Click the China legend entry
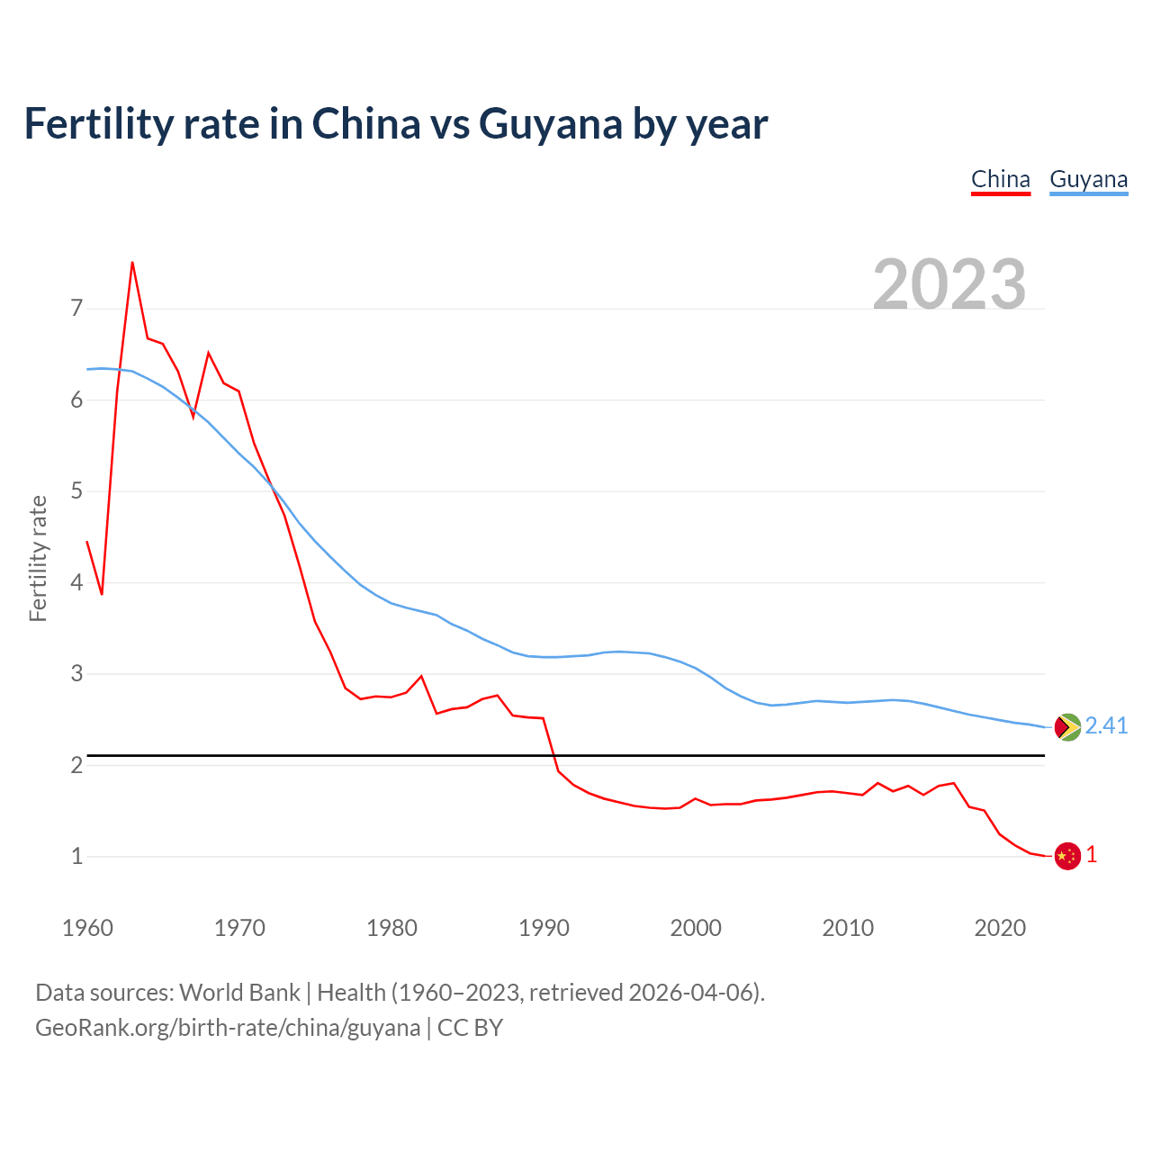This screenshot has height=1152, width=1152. coord(1000,179)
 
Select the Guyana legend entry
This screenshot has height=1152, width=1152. coord(1088,179)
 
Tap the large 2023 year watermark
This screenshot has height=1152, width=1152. coord(949,284)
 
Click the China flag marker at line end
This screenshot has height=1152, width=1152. coord(1067,856)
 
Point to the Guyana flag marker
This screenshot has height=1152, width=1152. coord(1067,727)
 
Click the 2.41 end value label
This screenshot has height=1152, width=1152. coord(1106,726)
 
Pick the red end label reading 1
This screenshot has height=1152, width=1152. coord(1092,855)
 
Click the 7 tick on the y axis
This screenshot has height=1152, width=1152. coord(76,309)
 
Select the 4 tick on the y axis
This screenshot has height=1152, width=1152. coord(76,582)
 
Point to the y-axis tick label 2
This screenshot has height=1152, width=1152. coord(76,765)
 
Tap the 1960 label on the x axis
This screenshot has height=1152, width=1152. coord(87,928)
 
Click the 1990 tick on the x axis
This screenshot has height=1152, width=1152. coord(544,928)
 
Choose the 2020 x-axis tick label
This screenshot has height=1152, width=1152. coord(1000,928)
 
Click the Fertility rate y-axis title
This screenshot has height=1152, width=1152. coord(38,558)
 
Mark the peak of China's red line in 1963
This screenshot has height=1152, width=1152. coord(132,263)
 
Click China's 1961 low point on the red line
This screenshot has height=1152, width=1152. coord(102,594)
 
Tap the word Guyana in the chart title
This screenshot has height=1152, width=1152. coord(551,123)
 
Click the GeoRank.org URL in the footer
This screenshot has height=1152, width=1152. coord(228,1028)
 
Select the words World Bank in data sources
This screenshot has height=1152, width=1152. coord(239,993)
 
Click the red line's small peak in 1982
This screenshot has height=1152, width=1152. coord(421,676)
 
